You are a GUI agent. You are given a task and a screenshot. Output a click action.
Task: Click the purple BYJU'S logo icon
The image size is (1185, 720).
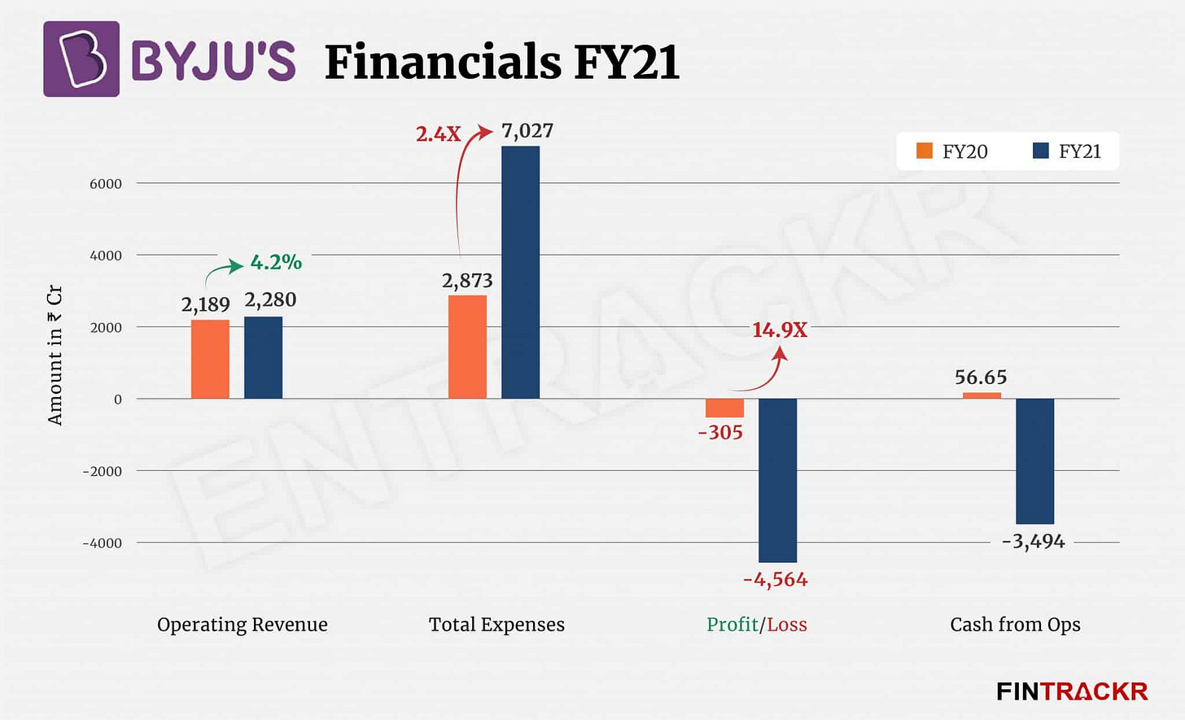click(x=81, y=59)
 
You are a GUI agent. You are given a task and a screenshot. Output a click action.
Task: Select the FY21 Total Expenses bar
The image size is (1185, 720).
click(x=520, y=273)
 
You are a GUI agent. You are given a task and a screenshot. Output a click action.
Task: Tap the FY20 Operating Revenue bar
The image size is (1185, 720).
click(x=210, y=359)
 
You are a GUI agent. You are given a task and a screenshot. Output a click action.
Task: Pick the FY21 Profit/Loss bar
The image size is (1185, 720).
click(x=777, y=480)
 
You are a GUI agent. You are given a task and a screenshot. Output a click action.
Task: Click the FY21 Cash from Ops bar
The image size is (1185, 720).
click(x=1034, y=461)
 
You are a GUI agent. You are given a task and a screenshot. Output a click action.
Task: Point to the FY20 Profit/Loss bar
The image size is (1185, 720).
click(x=724, y=408)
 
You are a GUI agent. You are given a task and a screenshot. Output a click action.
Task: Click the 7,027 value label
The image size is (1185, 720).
click(x=527, y=131)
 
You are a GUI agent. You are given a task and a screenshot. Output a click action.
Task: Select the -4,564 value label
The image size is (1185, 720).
click(x=775, y=580)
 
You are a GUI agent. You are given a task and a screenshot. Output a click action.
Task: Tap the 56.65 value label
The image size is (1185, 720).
click(x=981, y=377)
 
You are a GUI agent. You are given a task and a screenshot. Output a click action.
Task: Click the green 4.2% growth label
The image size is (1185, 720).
click(x=276, y=262)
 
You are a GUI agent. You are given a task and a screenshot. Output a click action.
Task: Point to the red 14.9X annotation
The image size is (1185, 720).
click(x=779, y=329)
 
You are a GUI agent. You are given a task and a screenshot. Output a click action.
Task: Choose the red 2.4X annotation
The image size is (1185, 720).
click(x=438, y=134)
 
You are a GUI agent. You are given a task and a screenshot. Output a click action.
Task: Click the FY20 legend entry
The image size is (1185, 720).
click(x=952, y=151)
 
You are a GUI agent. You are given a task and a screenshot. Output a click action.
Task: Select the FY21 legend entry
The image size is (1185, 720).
click(x=1067, y=151)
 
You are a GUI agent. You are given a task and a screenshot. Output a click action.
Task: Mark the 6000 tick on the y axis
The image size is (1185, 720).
click(x=106, y=184)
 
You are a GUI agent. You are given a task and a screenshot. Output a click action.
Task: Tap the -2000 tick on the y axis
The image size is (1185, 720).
click(x=102, y=471)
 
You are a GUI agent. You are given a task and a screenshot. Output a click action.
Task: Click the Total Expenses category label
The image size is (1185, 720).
click(x=496, y=625)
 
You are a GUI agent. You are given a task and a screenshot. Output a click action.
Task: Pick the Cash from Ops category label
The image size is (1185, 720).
click(x=1015, y=625)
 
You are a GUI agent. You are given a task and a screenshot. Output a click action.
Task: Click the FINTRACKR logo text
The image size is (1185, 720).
click(x=1072, y=692)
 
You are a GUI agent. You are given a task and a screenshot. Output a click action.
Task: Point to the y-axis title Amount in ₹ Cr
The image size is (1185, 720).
click(x=55, y=355)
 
